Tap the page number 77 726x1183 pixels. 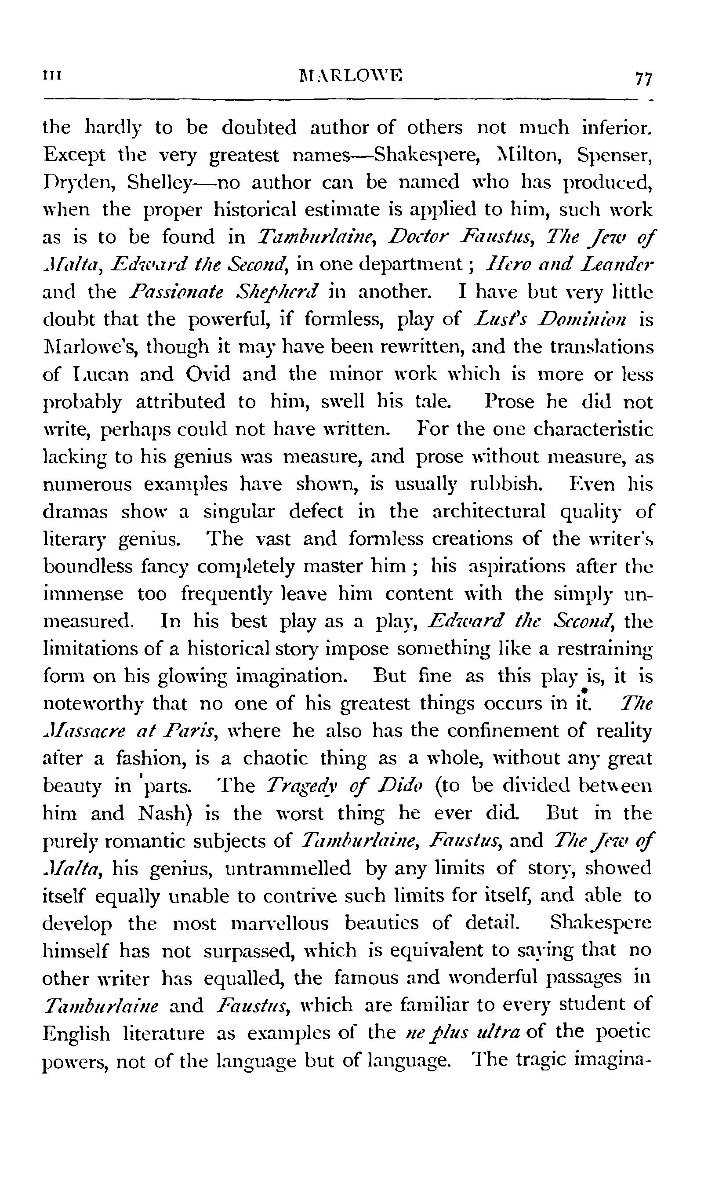[643, 77]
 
